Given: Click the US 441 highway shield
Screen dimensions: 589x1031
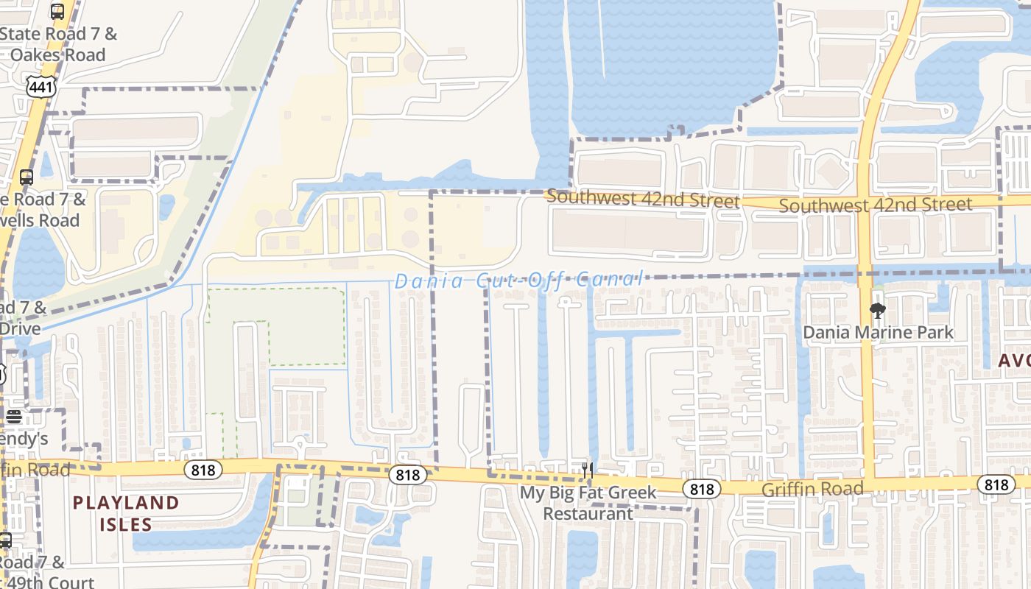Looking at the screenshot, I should coord(41,87).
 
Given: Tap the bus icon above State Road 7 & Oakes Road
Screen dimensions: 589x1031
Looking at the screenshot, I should coord(57,11).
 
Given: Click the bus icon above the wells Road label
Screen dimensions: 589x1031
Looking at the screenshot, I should coord(27,177).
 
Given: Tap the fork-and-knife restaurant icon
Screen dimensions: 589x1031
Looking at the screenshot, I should coord(587,469).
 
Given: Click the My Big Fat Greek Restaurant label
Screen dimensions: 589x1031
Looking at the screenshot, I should coord(588,502).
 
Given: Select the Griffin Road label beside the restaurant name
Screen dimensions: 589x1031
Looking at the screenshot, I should coord(812,489).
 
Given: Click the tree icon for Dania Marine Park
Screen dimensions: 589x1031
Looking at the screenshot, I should coord(877,310).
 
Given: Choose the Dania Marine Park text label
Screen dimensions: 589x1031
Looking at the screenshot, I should coord(878,333).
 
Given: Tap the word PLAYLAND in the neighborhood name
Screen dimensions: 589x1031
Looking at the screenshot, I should coord(126,503).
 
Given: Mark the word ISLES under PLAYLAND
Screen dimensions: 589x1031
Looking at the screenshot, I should coord(126,524).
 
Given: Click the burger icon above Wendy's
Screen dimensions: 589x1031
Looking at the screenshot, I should coord(14,417).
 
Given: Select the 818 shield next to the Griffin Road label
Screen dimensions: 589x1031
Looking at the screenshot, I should coord(702,488).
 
